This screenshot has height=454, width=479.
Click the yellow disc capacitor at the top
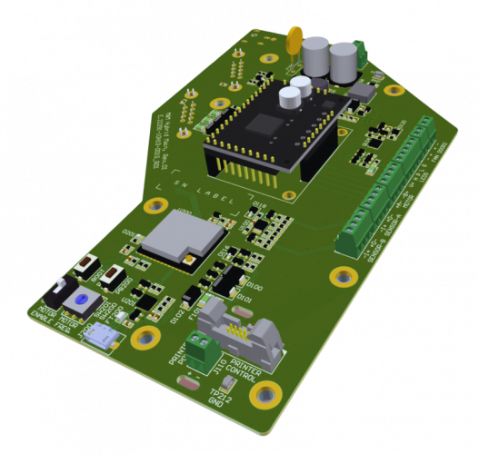[x=294, y=40]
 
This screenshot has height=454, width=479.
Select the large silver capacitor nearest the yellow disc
[x=314, y=55]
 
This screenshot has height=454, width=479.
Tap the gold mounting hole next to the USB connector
[x=144, y=339]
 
